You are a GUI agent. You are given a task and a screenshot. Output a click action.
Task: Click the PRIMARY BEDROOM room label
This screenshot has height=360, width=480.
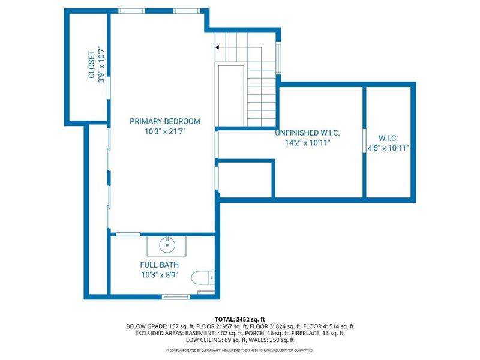tap(164, 121)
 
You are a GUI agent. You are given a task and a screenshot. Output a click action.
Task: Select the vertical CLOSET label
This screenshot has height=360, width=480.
tap(92, 64)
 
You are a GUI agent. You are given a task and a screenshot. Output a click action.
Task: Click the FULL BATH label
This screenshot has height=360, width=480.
tap(160, 265)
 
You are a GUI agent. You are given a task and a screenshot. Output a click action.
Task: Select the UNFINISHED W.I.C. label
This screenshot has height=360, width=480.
tap(304, 133)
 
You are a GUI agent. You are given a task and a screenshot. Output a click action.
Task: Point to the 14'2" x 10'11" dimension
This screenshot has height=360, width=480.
tap(304, 143)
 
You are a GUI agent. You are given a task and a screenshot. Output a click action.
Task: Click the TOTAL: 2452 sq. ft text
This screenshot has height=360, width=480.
tap(240, 319)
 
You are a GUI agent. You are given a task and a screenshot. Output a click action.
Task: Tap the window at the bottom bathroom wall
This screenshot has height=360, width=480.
tap(176, 296)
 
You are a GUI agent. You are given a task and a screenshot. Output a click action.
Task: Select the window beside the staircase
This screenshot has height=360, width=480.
tap(278, 58)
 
